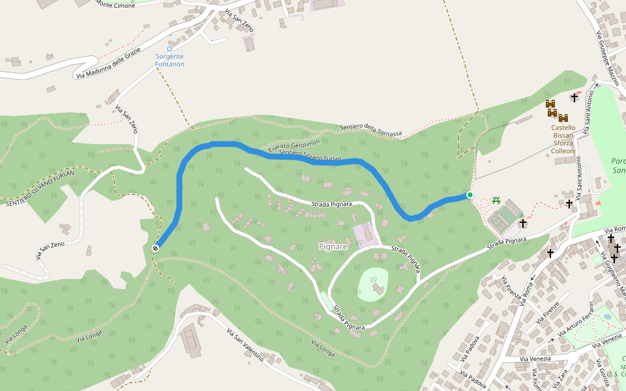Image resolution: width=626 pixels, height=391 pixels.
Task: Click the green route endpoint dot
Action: tap(469, 195)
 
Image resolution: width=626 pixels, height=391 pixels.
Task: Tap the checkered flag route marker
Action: tap(156, 248)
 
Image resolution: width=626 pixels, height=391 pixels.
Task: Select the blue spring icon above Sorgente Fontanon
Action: tap(170, 49)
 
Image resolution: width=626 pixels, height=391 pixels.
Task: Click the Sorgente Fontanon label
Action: tap(170, 61)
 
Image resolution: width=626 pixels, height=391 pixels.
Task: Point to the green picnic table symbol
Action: tap(496, 200)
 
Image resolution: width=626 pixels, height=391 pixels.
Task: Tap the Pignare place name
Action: tap(333, 246)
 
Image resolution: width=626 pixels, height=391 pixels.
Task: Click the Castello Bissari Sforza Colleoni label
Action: tap(563, 139)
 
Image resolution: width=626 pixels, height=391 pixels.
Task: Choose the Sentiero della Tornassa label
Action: tap(371, 130)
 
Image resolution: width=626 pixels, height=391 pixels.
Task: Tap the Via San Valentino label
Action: tap(245, 346)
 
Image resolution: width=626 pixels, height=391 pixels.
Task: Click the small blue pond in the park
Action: tap(608, 317)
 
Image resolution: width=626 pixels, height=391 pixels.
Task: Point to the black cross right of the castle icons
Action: tap(574, 98)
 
